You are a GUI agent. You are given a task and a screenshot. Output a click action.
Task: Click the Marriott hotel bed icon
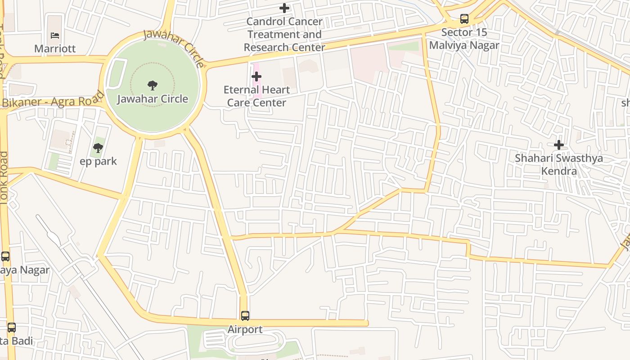pos(55,36)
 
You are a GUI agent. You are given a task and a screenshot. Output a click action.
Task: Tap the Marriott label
pos(55,49)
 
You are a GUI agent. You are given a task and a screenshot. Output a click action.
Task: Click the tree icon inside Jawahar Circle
pos(153,85)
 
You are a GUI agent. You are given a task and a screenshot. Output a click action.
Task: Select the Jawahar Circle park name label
pos(153,99)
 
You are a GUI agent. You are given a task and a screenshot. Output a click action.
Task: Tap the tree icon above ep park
pos(98,148)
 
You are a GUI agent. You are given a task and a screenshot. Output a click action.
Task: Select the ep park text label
pos(98,161)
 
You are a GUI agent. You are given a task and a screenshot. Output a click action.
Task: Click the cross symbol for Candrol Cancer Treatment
pos(284,8)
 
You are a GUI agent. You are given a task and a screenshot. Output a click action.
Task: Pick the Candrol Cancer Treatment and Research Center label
pos(284,34)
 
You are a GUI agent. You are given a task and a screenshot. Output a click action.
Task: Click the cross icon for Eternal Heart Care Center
pos(256,76)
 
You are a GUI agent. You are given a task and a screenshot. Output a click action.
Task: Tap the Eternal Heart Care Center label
pos(256,96)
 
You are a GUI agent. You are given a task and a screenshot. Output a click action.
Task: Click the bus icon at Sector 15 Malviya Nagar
pos(464,19)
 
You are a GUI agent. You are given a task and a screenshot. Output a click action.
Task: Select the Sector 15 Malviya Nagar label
pos(464,39)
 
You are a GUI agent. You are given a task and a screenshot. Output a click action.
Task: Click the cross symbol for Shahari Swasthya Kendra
pos(558,145)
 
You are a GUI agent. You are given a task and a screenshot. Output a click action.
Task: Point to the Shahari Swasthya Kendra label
pos(558,165)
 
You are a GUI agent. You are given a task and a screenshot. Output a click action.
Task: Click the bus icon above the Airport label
pos(245,316)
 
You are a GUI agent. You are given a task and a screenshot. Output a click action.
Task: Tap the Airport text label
pos(245,329)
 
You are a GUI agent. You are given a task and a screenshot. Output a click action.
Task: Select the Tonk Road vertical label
pos(4,178)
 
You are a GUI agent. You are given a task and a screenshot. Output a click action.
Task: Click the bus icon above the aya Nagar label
pos(5,256)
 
